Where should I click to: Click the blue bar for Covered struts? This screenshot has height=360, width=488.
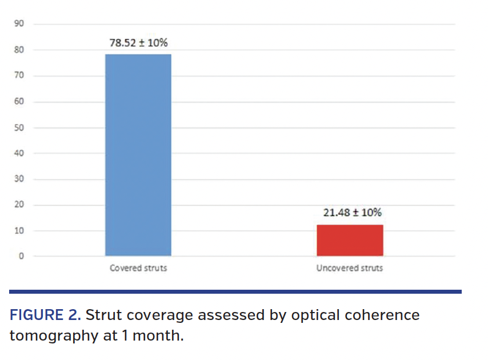click(x=138, y=154)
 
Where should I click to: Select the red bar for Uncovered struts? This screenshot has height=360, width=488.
click(x=350, y=240)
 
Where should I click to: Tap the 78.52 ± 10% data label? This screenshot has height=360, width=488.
click(x=138, y=43)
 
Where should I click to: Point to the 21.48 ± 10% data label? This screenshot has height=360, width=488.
click(x=350, y=213)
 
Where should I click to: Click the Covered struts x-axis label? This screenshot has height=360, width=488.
click(x=138, y=268)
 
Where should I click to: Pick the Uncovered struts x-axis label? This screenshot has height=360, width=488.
click(x=350, y=268)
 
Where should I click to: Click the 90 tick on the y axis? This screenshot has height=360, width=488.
click(x=19, y=23)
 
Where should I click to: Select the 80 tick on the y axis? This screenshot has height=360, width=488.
click(x=19, y=50)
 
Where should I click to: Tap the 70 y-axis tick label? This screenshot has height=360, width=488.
click(x=19, y=75)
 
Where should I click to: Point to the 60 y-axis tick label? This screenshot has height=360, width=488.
click(x=19, y=101)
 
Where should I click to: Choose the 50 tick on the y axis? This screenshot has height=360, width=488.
click(x=19, y=127)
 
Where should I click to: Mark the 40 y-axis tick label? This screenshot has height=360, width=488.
click(x=19, y=153)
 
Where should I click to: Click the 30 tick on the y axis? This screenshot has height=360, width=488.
click(x=19, y=179)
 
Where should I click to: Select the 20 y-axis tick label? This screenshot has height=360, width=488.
click(x=19, y=205)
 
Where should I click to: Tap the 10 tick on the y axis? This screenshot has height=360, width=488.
click(x=19, y=231)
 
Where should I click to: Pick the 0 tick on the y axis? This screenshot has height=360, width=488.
click(x=21, y=256)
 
